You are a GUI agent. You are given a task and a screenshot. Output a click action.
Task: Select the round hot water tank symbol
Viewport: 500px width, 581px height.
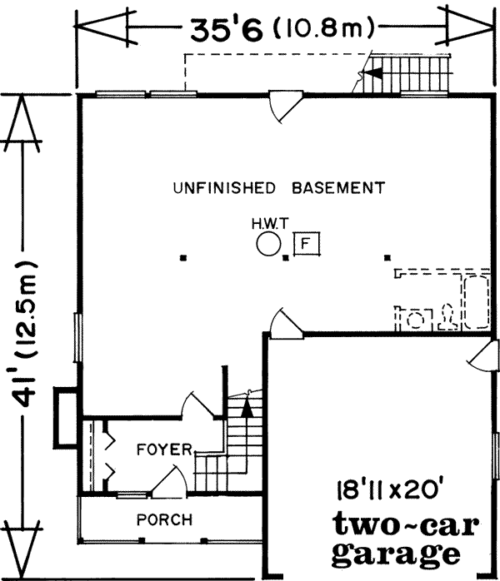[268, 245]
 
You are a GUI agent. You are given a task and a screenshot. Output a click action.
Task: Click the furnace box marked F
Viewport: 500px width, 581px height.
[307, 244]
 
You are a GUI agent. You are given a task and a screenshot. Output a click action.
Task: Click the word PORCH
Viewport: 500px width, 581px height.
[163, 520]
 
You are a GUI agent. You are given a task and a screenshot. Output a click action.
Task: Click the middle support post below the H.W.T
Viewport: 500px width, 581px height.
[286, 258]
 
